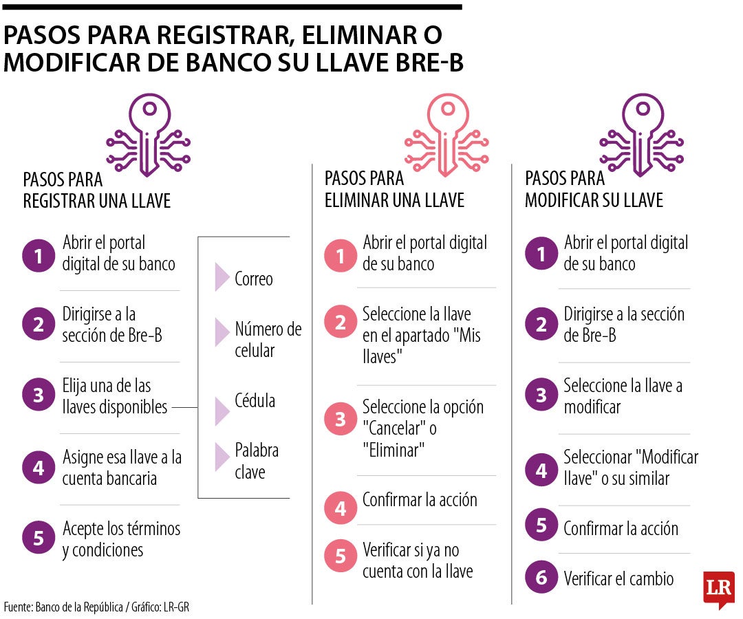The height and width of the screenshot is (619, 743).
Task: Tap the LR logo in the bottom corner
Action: tap(718, 589)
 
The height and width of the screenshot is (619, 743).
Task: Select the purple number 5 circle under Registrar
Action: tap(39, 539)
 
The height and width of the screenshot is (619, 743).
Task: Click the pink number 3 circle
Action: tap(341, 418)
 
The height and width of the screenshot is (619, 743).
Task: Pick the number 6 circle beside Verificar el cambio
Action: tap(541, 578)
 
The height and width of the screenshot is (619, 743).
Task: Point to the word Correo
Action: tap(253, 279)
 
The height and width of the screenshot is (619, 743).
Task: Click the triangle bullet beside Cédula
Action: tap(222, 411)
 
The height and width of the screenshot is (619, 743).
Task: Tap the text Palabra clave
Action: tap(257, 461)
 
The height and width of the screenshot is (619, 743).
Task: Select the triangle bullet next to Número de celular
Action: tap(222, 332)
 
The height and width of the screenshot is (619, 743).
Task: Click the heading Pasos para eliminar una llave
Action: tap(394, 189)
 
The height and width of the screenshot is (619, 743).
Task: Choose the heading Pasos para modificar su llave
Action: tap(594, 189)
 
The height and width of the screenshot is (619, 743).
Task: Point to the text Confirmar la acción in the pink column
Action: tap(420, 500)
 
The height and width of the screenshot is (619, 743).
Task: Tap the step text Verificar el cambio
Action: tap(618, 579)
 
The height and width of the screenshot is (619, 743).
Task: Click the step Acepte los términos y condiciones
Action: tap(121, 539)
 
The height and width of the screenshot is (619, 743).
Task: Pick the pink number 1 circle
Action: tap(341, 256)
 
